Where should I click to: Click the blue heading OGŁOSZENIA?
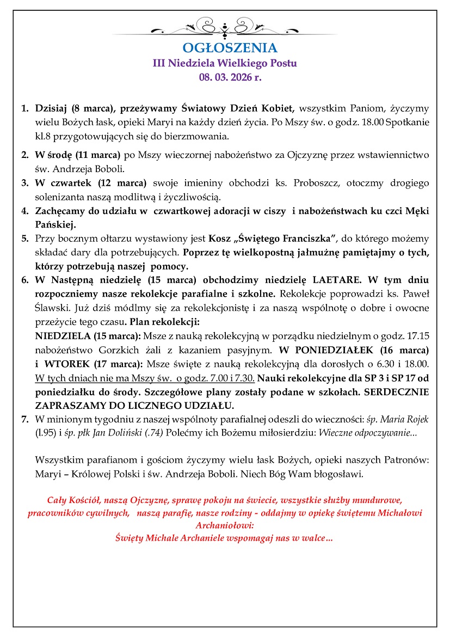coord(225,48)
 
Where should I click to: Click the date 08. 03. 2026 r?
coord(225,77)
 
